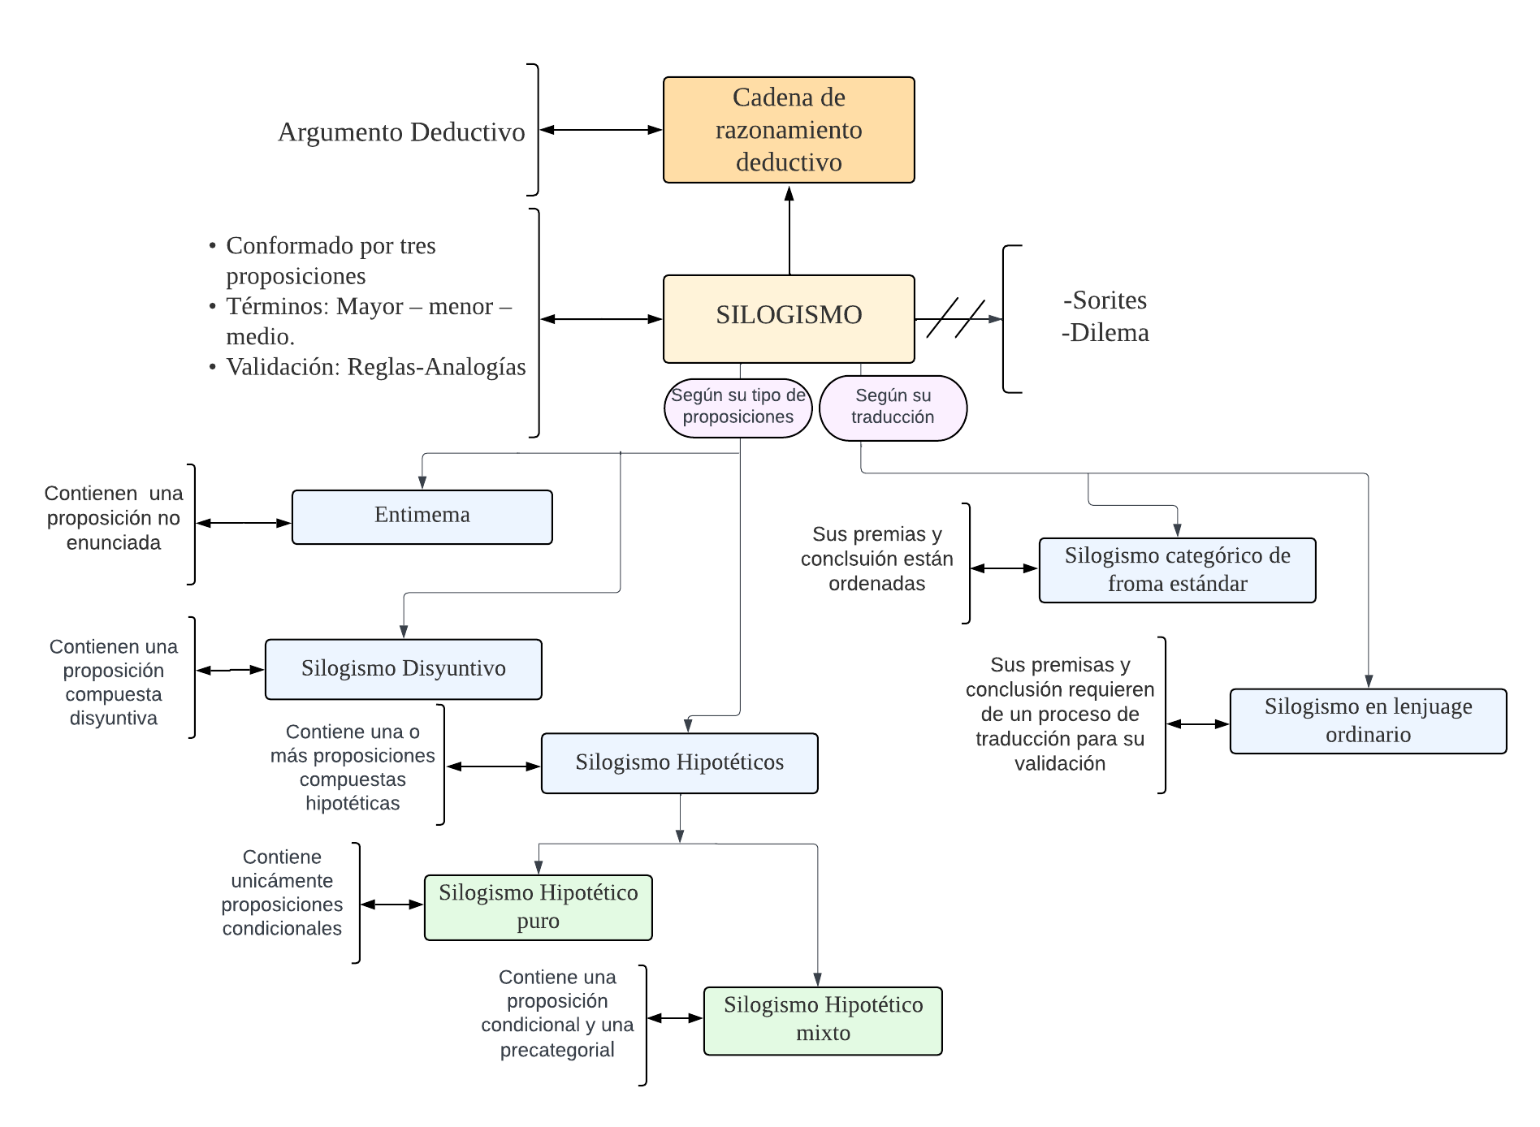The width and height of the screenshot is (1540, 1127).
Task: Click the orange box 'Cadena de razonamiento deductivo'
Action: pyautogui.click(x=789, y=130)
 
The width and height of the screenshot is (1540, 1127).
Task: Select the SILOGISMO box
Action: pyautogui.click(x=789, y=318)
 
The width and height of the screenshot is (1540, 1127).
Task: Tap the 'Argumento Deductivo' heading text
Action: pyautogui.click(x=401, y=132)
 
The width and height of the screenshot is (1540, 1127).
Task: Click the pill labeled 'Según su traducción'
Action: pyautogui.click(x=893, y=408)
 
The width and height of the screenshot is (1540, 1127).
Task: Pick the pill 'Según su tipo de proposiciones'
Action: pyautogui.click(x=738, y=408)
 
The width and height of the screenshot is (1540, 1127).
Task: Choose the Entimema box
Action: pyautogui.click(x=422, y=516)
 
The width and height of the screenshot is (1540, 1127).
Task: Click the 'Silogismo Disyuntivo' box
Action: pyautogui.click(x=403, y=669)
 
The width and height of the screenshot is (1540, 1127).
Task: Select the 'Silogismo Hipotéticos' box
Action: pyautogui.click(x=679, y=763)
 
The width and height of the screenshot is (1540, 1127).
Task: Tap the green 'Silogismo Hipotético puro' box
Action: pyautogui.click(x=538, y=907)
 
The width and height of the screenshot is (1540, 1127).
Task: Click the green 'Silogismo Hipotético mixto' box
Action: pyautogui.click(x=823, y=1020)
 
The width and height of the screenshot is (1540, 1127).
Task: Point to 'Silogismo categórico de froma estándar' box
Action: pyautogui.click(x=1177, y=570)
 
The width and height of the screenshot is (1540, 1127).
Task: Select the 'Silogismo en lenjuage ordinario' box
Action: pyautogui.click(x=1368, y=721)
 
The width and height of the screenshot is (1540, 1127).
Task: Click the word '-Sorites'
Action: pyautogui.click(x=1105, y=300)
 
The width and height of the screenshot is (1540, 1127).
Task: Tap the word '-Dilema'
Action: pyautogui.click(x=1105, y=333)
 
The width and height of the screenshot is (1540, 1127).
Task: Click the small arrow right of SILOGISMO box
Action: pyautogui.click(x=986, y=319)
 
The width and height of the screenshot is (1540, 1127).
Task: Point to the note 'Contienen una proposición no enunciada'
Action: pyautogui.click(x=114, y=518)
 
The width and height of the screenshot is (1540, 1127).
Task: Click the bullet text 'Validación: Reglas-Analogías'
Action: pyautogui.click(x=375, y=367)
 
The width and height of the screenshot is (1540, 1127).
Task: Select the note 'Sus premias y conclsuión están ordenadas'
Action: pyautogui.click(x=876, y=559)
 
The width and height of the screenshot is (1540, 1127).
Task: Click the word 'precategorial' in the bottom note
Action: pyautogui.click(x=557, y=1050)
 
